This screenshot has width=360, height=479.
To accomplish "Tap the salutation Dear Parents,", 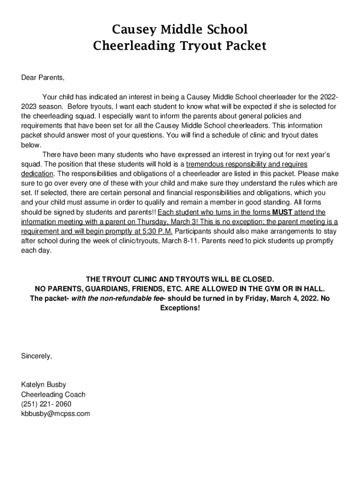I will [43, 77].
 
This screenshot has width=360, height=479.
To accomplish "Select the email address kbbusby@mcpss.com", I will [56, 414].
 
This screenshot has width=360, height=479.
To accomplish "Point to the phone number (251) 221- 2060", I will [46, 404].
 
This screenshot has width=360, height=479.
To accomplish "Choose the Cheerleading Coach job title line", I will [53, 394].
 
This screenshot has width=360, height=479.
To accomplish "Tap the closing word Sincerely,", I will [37, 356].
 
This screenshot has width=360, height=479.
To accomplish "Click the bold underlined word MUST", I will [282, 212].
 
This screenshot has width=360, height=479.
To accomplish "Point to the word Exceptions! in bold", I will [180, 308].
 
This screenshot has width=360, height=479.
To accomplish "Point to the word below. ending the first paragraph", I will [31, 145].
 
